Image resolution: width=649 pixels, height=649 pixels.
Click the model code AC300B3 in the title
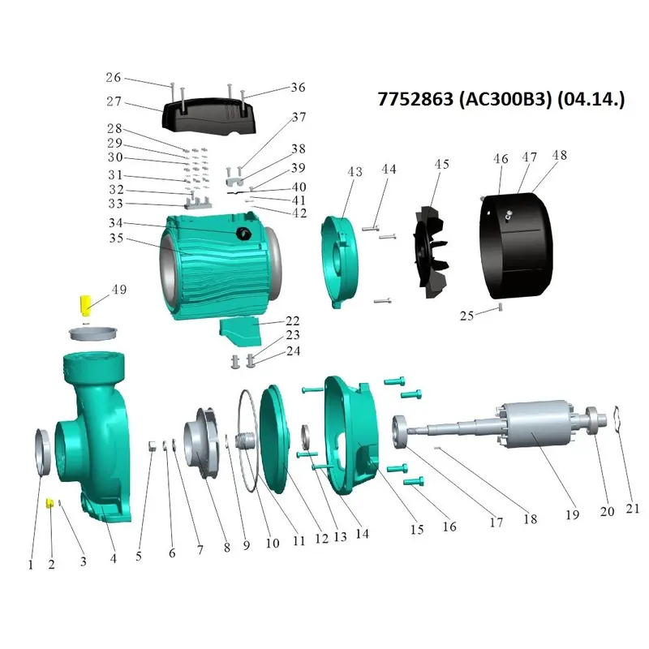point(505,99)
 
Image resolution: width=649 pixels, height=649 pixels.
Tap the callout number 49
point(119,290)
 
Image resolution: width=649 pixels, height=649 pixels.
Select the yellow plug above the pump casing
point(86,305)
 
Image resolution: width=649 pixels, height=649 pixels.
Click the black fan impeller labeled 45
point(431,252)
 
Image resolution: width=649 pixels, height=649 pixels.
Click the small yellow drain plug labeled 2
point(49,503)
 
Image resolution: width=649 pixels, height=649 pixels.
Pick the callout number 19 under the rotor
point(573,514)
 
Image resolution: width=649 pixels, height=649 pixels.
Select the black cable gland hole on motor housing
point(243,234)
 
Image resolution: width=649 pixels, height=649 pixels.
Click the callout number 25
point(466,316)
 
